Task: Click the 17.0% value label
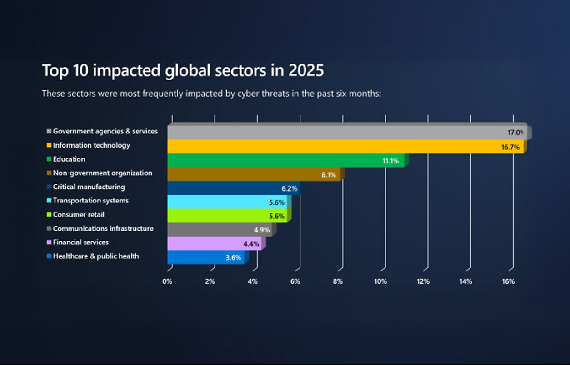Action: click(515, 133)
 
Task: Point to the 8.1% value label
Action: click(329, 174)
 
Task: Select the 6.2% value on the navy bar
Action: click(290, 188)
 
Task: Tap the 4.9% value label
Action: click(261, 230)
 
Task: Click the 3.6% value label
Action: click(233, 257)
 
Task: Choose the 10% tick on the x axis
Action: click(380, 281)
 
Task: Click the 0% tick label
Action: click(167, 281)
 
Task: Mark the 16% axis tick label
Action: click(508, 281)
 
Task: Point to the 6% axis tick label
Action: click(295, 281)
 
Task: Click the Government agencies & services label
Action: click(105, 131)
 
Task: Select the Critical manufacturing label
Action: click(89, 187)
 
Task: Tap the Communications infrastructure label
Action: click(103, 228)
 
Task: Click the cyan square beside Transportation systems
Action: click(49, 201)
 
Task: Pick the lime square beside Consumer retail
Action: click(49, 215)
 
